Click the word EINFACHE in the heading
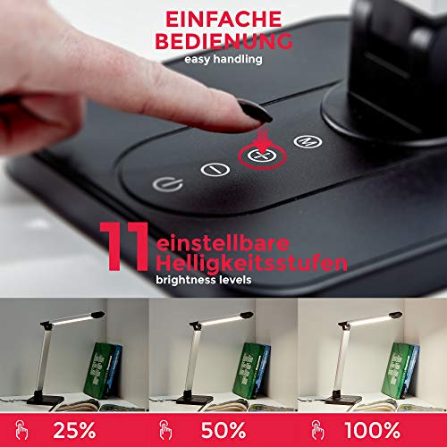[223, 20]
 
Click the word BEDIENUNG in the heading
[223, 41]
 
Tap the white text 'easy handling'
[223, 59]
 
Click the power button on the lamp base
[167, 185]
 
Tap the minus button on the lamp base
[215, 170]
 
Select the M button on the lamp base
[308, 141]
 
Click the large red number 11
[124, 247]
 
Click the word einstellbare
[223, 243]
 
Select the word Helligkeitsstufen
[251, 264]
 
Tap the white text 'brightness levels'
[204, 280]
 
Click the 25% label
[74, 430]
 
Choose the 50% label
[223, 430]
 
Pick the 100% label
[372, 430]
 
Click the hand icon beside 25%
[21, 430]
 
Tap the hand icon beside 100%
[317, 430]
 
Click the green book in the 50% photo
[248, 370]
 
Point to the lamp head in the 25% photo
[72, 319]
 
